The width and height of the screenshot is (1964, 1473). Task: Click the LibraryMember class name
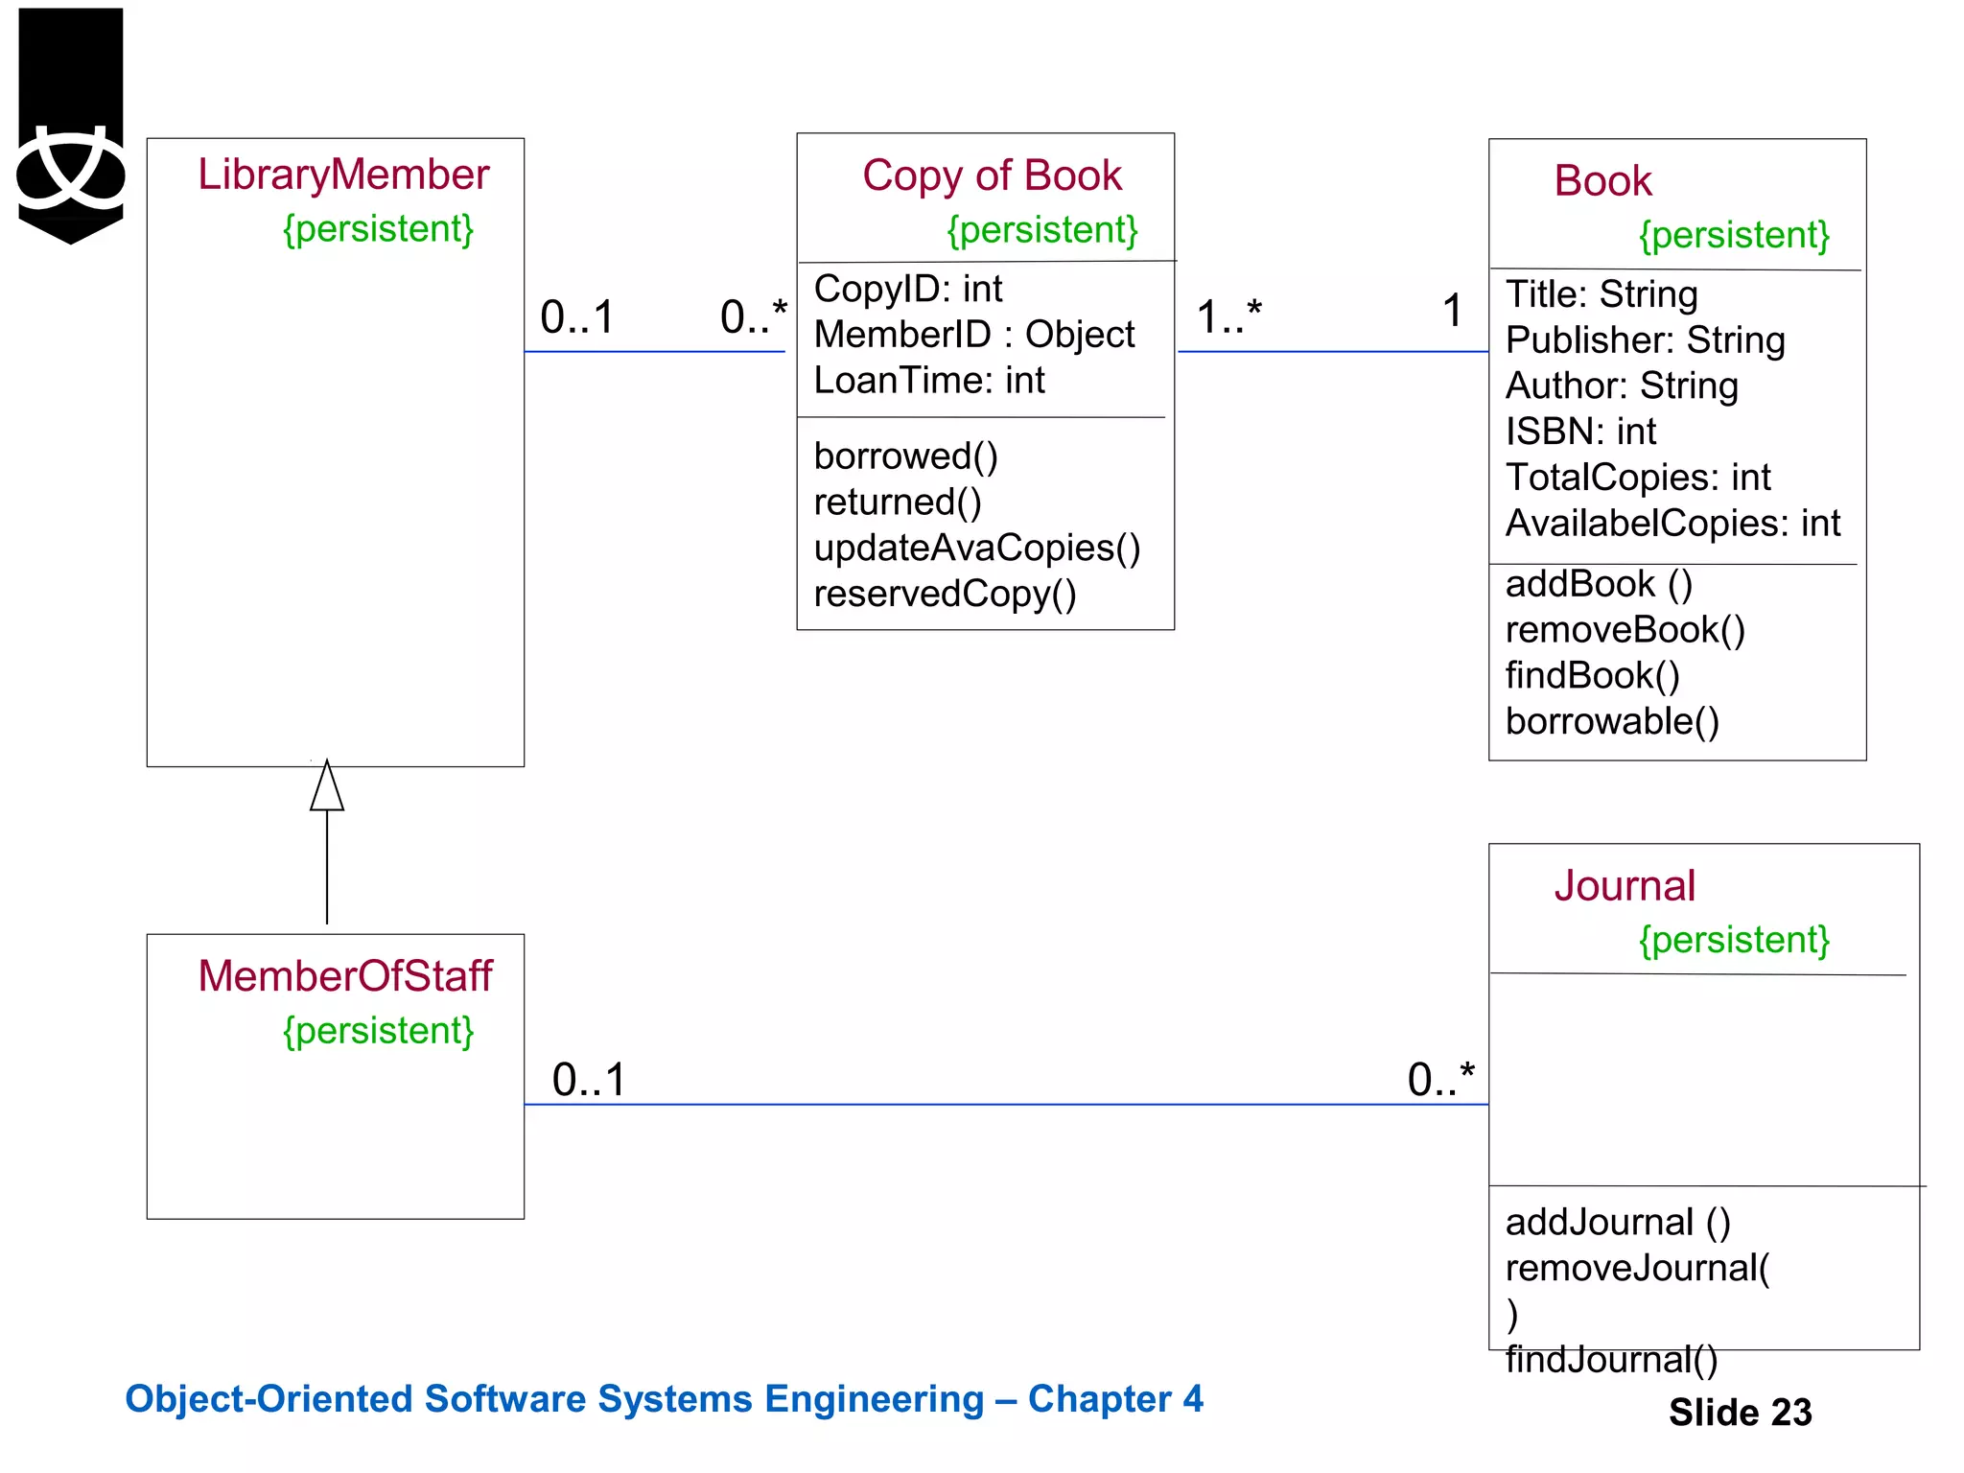point(343,175)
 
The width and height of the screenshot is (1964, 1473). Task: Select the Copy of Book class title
point(992,175)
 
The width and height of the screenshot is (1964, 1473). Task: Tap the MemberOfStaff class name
point(344,975)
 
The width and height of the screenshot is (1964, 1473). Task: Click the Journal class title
point(1625,885)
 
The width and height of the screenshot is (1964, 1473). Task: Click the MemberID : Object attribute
point(973,335)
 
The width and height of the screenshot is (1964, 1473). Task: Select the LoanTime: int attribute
point(928,381)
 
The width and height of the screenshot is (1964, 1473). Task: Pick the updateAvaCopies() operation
point(976,548)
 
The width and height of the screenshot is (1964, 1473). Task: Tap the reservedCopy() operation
point(945,594)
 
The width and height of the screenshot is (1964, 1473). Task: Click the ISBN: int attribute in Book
point(1580,432)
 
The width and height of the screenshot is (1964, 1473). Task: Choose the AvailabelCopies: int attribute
point(1672,524)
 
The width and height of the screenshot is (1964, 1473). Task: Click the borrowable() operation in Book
point(1612,721)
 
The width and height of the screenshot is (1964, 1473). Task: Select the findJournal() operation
point(1611,1359)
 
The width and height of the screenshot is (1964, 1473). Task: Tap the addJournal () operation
point(1618,1222)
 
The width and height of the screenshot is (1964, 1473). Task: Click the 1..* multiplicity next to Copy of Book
point(1228,316)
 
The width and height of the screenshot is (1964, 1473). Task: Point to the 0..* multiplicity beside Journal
point(1440,1079)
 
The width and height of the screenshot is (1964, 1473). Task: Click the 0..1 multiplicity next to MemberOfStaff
point(589,1079)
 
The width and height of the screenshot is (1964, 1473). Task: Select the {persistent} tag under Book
point(1734,235)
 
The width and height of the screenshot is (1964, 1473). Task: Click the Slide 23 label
point(1740,1412)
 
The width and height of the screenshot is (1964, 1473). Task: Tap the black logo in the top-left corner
point(71,125)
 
